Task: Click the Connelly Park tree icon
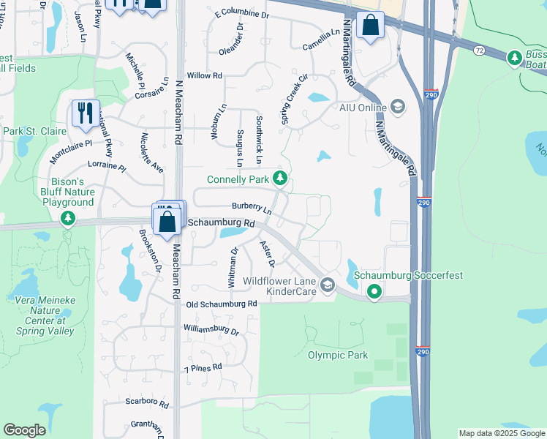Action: pyautogui.click(x=279, y=179)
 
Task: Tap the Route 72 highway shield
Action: pyautogui.click(x=479, y=50)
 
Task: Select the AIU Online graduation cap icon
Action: pyautogui.click(x=397, y=107)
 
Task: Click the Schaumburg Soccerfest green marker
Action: pyautogui.click(x=374, y=292)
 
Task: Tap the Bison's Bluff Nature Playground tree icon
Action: pyautogui.click(x=68, y=218)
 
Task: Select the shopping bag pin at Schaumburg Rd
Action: pyautogui.click(x=167, y=220)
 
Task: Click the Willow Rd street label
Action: pyautogui.click(x=204, y=75)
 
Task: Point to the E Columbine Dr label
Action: pyautogui.click(x=242, y=14)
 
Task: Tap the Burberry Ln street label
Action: pyautogui.click(x=252, y=207)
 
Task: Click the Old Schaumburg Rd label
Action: pyautogui.click(x=222, y=303)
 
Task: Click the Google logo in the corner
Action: pyautogui.click(x=24, y=430)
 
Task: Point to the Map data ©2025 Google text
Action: pyautogui.click(x=501, y=433)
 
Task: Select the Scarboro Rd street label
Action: pyautogui.click(x=147, y=403)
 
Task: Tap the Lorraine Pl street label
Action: pyautogui.click(x=107, y=167)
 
